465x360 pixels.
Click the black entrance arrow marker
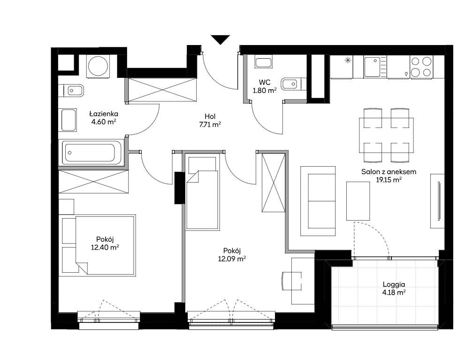(221, 39)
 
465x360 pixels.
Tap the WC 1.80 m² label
(265, 86)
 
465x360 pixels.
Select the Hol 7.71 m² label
(210, 121)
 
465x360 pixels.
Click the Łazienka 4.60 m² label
(104, 117)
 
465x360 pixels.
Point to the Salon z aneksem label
(389, 171)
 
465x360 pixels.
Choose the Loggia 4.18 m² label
(394, 288)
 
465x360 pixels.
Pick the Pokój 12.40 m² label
(105, 243)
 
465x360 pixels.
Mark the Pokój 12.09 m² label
(232, 255)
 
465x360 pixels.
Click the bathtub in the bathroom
(91, 153)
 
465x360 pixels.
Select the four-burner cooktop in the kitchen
(421, 67)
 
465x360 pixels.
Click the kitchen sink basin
(372, 67)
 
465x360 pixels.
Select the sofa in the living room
(318, 201)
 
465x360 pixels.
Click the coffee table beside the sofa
(358, 201)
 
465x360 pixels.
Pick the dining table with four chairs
(387, 135)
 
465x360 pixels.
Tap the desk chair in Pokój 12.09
(291, 281)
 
